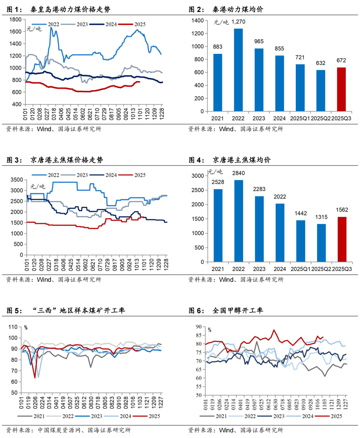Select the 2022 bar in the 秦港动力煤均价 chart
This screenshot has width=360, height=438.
tap(238, 70)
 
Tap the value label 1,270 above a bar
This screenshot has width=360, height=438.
tap(238, 22)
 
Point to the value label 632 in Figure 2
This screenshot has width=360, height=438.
tap(320, 63)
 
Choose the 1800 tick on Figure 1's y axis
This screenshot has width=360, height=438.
tap(15, 19)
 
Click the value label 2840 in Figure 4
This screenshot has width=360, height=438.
tap(238, 173)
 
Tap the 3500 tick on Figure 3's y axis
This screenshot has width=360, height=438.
tap(16, 180)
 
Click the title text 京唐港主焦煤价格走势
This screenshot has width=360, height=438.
tap(67, 160)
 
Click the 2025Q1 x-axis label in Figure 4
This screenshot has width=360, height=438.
tap(300, 269)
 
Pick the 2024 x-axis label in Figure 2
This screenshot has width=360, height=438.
tap(279, 118)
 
